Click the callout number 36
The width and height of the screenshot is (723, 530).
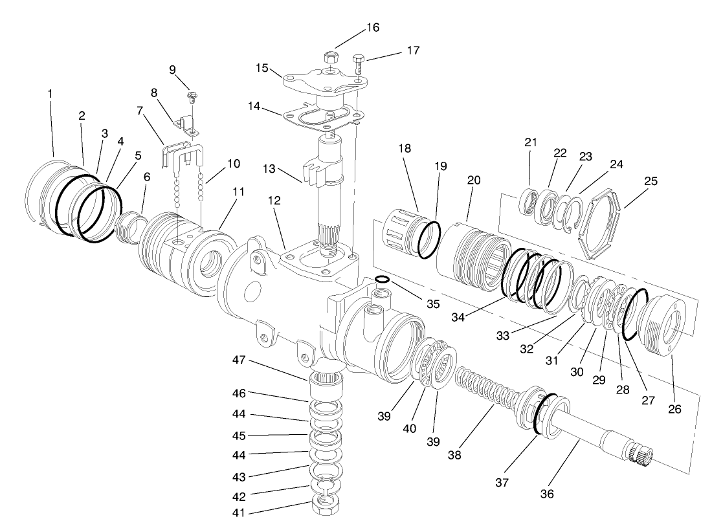(548, 494)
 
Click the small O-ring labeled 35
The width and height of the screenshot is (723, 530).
(382, 280)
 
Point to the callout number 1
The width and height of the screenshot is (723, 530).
(50, 93)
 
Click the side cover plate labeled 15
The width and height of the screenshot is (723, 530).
(324, 82)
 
